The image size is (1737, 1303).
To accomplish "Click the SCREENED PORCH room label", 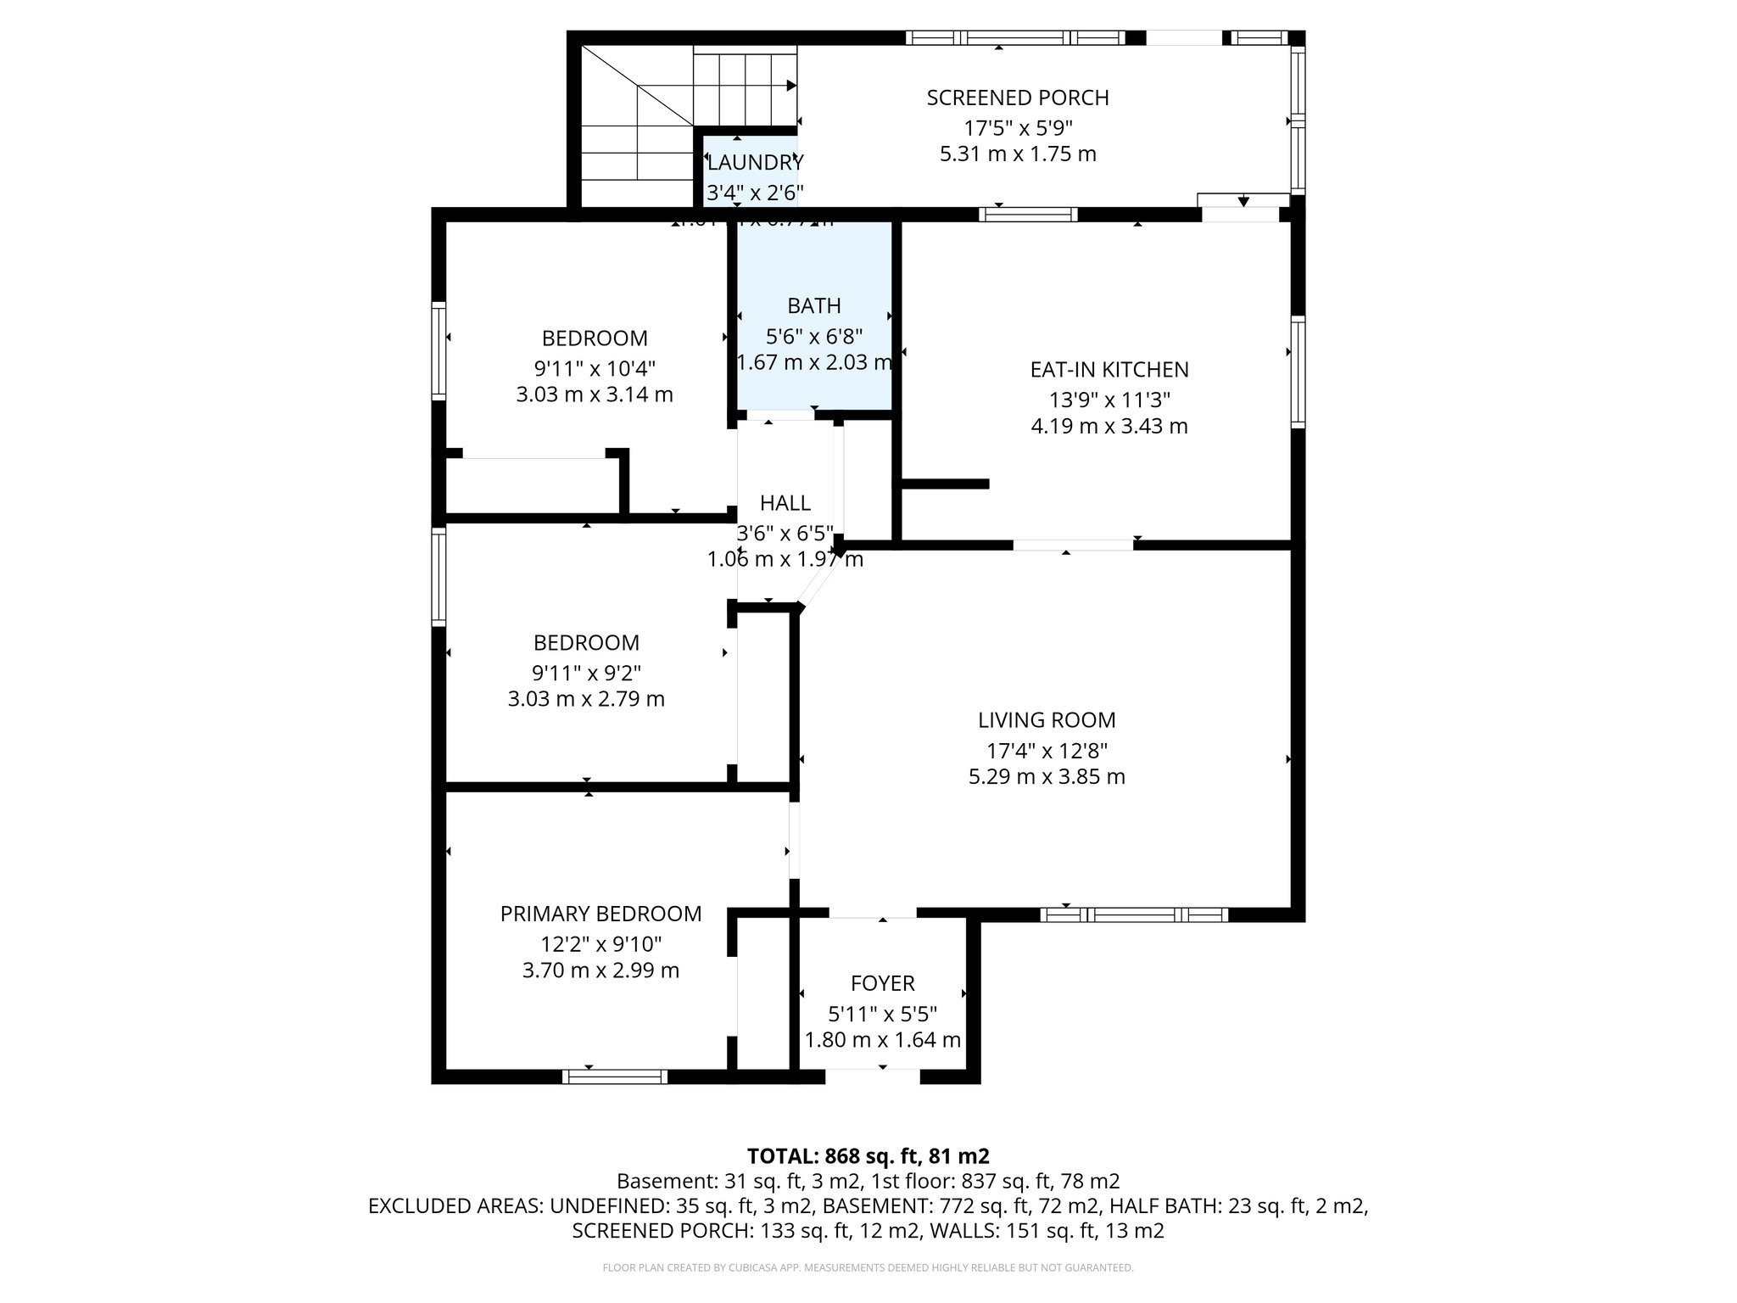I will pos(1017,98).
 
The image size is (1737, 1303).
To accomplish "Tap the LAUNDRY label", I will pos(754,162).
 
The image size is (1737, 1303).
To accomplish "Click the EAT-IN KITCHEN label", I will pos(1109,370).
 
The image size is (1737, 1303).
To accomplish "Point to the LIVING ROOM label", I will pos(1047,720).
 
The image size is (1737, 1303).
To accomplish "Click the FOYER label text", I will pos(882,983).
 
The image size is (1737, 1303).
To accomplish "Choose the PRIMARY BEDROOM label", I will pos(600,914).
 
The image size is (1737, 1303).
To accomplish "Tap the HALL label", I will pos(785,503).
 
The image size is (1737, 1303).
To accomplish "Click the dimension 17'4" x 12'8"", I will pos(1047,751).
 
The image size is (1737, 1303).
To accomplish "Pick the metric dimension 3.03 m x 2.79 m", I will pos(586,699).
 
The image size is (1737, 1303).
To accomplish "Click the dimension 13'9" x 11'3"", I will pos(1109,400).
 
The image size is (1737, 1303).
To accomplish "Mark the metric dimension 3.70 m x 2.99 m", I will pos(600,970).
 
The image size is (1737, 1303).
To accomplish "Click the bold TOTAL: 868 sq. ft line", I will pos(868,1156).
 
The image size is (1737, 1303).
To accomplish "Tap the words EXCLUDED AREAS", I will pos(455,1206).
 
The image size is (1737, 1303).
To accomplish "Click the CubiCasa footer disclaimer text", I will pos(868,1268).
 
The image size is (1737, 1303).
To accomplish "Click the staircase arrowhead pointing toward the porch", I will pos(790,85).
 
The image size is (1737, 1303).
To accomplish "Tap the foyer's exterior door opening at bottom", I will pos(872,1077).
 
